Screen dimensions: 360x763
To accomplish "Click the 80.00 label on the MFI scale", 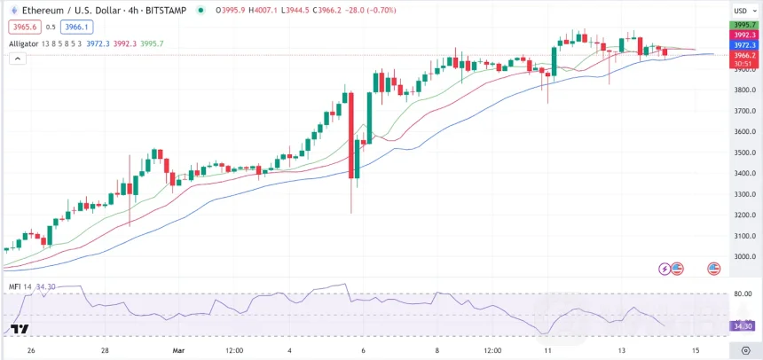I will click(743, 293).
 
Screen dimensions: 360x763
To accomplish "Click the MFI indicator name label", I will click(15, 286).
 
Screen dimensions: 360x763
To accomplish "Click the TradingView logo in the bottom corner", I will click(20, 329).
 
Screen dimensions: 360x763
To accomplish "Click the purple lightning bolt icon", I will click(664, 268).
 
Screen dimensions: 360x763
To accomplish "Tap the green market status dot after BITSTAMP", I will click(202, 11).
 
